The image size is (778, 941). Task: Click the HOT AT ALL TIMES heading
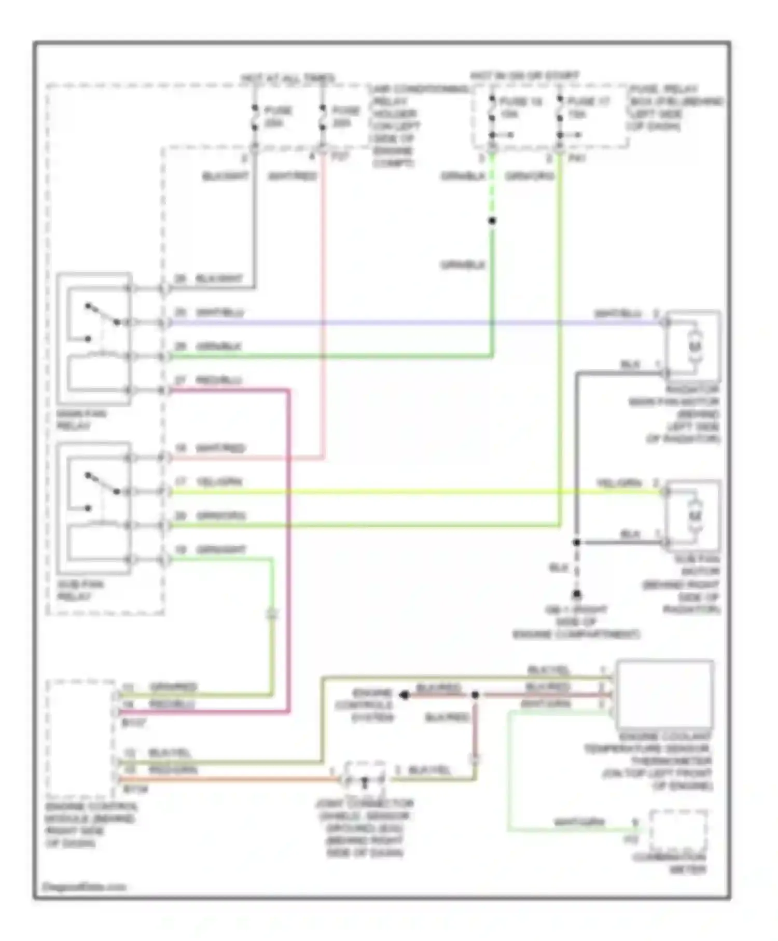click(x=287, y=78)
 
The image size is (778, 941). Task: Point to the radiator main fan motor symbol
click(x=694, y=344)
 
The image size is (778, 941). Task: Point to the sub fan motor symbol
click(x=694, y=515)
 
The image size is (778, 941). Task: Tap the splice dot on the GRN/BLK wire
click(x=492, y=221)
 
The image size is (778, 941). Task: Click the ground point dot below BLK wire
click(x=576, y=594)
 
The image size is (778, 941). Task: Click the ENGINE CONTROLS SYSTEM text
click(x=371, y=705)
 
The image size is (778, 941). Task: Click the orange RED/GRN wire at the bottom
click(x=223, y=779)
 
